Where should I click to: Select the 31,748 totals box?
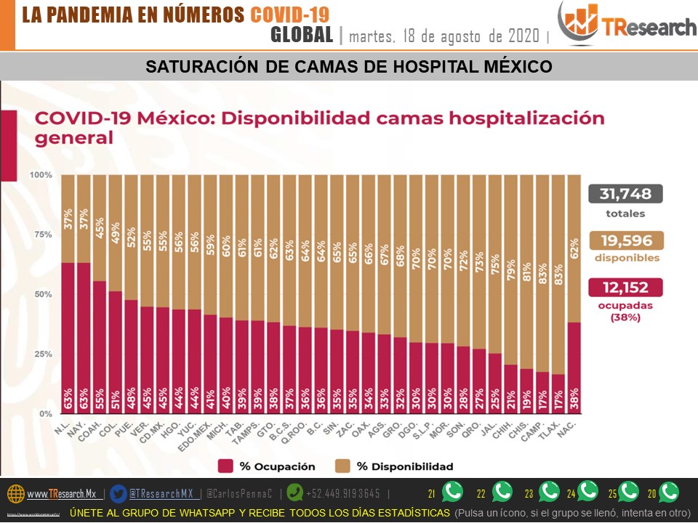[625, 194]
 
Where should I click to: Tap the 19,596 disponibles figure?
[625, 240]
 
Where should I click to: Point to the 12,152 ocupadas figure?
[625, 288]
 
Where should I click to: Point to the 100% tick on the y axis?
[41, 175]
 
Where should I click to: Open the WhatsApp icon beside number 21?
[452, 492]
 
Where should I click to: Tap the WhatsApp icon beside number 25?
[628, 492]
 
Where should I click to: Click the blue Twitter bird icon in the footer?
[119, 493]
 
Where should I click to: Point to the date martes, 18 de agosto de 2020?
[445, 36]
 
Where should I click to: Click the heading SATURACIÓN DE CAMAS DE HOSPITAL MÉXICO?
[349, 67]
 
